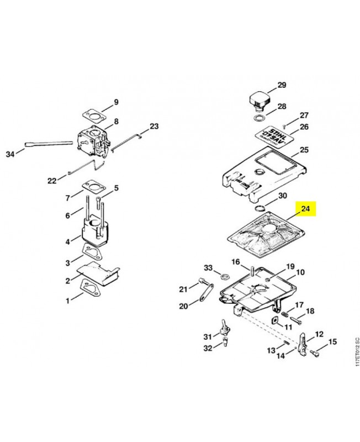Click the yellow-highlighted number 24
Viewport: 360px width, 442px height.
pos(306,209)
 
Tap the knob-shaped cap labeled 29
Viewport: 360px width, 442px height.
pos(260,100)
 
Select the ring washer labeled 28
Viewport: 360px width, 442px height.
pos(260,118)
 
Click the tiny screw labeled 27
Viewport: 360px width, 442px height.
pos(285,126)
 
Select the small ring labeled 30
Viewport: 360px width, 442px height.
pos(260,208)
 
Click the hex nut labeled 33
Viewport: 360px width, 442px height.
pos(225,275)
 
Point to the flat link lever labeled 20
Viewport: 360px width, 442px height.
pos(207,292)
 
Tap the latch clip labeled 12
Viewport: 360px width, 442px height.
pos(301,343)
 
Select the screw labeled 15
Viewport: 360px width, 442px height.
pos(314,352)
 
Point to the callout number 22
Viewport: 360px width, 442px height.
pos(52,181)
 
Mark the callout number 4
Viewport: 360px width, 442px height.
pos(67,241)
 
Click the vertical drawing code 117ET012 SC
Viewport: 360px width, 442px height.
pos(357,352)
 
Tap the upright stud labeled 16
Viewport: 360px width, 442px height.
pos(252,271)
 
